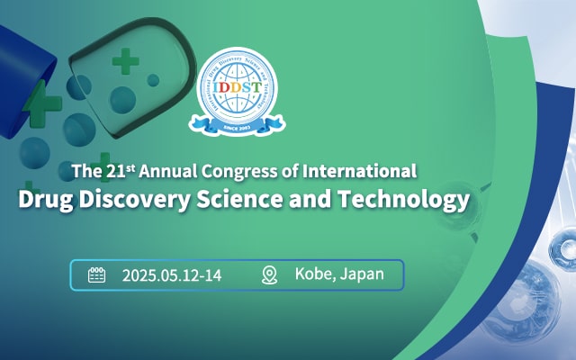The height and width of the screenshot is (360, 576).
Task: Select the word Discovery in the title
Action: (x=120, y=198)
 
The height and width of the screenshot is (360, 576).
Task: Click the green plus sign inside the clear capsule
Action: (x=126, y=61)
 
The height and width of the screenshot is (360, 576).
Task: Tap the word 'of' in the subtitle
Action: (x=300, y=170)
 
